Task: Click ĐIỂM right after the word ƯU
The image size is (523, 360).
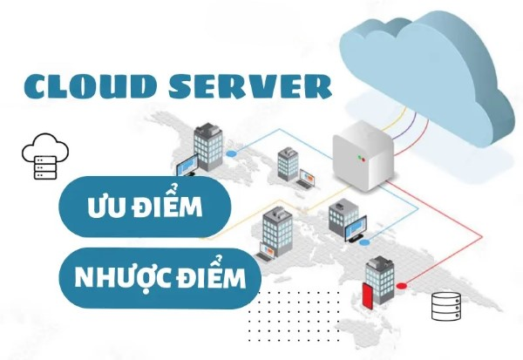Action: pos(169,208)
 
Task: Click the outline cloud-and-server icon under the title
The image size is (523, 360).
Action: pos(42,158)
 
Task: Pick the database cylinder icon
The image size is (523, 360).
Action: pos(446,306)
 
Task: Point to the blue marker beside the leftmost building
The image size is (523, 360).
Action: pos(231,154)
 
